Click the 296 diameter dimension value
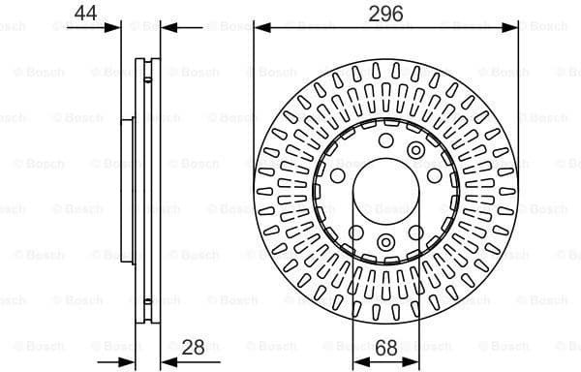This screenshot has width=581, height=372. [x=385, y=13]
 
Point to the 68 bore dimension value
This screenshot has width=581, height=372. [x=385, y=345]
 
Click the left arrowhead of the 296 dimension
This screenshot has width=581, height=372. [x=260, y=27]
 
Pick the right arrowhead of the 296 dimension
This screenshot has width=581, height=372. [x=511, y=27]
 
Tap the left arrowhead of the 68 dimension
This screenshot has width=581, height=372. [x=357, y=361]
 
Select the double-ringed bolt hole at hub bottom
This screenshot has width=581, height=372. [x=385, y=242]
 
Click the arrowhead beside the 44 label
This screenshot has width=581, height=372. [x=116, y=27]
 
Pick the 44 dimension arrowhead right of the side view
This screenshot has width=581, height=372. [x=165, y=27]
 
